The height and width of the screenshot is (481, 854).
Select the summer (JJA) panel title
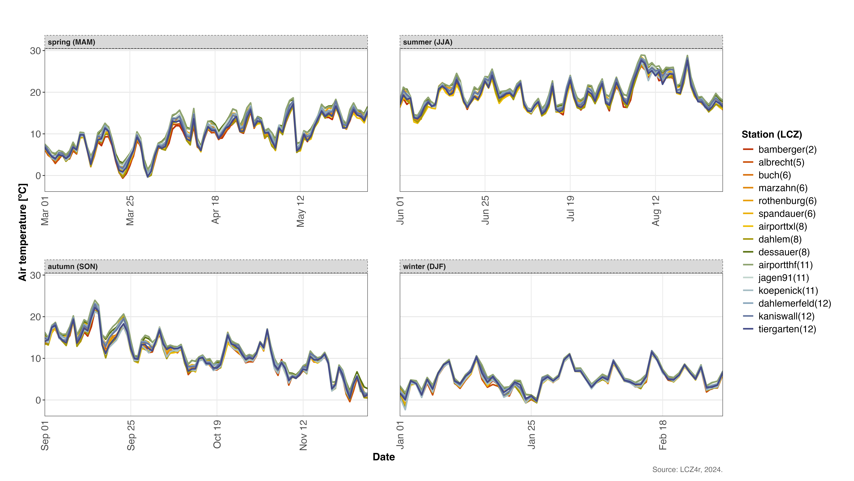tap(427, 42)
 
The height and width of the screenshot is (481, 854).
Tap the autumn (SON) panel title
tap(73, 267)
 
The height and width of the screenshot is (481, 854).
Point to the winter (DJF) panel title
tap(424, 267)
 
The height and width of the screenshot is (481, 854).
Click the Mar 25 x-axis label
tap(130, 210)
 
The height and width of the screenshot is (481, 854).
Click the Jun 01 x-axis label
tap(400, 210)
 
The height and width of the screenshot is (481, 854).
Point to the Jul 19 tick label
tap(570, 208)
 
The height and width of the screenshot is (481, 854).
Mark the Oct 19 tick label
tap(217, 434)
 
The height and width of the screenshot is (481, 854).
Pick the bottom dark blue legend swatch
tap(748, 329)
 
